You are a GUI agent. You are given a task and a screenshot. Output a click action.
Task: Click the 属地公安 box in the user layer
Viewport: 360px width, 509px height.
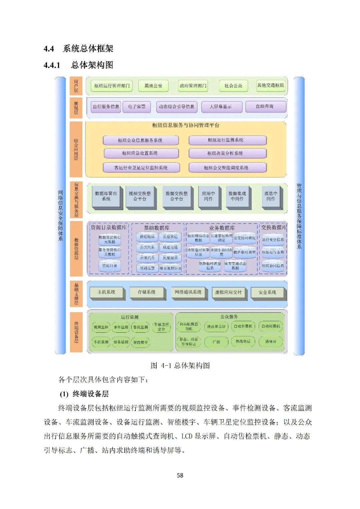coord(153,86)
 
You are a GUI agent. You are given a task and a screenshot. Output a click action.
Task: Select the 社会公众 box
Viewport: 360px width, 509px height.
coord(233,86)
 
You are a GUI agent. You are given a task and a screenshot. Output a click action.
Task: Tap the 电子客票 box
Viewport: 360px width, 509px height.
coord(137,107)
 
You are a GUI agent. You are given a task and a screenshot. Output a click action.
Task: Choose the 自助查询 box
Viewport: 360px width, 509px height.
coord(265,107)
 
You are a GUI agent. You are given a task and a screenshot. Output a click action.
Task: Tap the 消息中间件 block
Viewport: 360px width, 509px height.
coord(271,197)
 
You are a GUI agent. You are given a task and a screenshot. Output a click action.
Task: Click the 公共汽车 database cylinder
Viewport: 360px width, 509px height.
coord(147,248)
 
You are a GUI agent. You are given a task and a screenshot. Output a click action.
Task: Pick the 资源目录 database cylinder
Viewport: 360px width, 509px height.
coord(110,266)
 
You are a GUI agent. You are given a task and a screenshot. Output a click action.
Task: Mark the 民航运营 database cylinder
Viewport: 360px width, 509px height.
coord(170,258)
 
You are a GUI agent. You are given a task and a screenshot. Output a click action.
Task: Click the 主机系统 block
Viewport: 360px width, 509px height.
coord(107,293)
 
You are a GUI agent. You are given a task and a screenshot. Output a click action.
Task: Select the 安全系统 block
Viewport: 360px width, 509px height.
coord(267,293)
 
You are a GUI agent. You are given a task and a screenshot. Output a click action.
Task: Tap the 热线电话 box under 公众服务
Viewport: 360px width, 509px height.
coord(243,342)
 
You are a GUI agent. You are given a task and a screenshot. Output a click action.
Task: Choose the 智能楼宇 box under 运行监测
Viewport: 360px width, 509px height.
coord(140,342)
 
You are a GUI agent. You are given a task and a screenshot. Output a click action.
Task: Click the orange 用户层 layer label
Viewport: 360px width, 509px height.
coord(76,86)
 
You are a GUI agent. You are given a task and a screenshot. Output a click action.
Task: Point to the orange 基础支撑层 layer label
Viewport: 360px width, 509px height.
coord(76,294)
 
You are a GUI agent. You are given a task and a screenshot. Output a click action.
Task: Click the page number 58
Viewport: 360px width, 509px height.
coord(180,475)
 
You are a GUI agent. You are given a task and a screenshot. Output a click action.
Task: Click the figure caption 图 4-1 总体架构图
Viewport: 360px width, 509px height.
coord(180,365)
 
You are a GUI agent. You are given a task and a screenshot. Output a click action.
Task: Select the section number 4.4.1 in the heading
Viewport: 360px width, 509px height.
coord(52,65)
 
